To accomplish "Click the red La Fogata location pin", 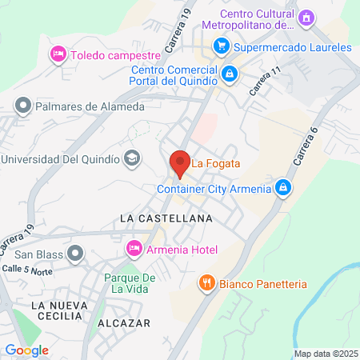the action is [180, 162].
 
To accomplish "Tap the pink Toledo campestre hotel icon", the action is [58, 54].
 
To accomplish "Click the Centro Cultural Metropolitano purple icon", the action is [305, 18].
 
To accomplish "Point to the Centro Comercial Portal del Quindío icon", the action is [230, 74].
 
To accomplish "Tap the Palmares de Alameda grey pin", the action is [22, 106].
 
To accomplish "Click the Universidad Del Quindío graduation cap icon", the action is [130, 158].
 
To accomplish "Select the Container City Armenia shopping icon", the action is [282, 188].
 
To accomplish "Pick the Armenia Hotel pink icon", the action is [134, 250].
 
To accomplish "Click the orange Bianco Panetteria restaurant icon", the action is [206, 283].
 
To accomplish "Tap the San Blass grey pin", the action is [75, 254].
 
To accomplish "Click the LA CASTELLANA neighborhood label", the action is [166, 218].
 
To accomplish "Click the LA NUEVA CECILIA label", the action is [56, 310].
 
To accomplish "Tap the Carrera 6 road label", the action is [306, 147].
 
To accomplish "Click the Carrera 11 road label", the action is [266, 81].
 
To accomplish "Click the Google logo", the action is [26, 350].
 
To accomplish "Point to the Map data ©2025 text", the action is [326, 354].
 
